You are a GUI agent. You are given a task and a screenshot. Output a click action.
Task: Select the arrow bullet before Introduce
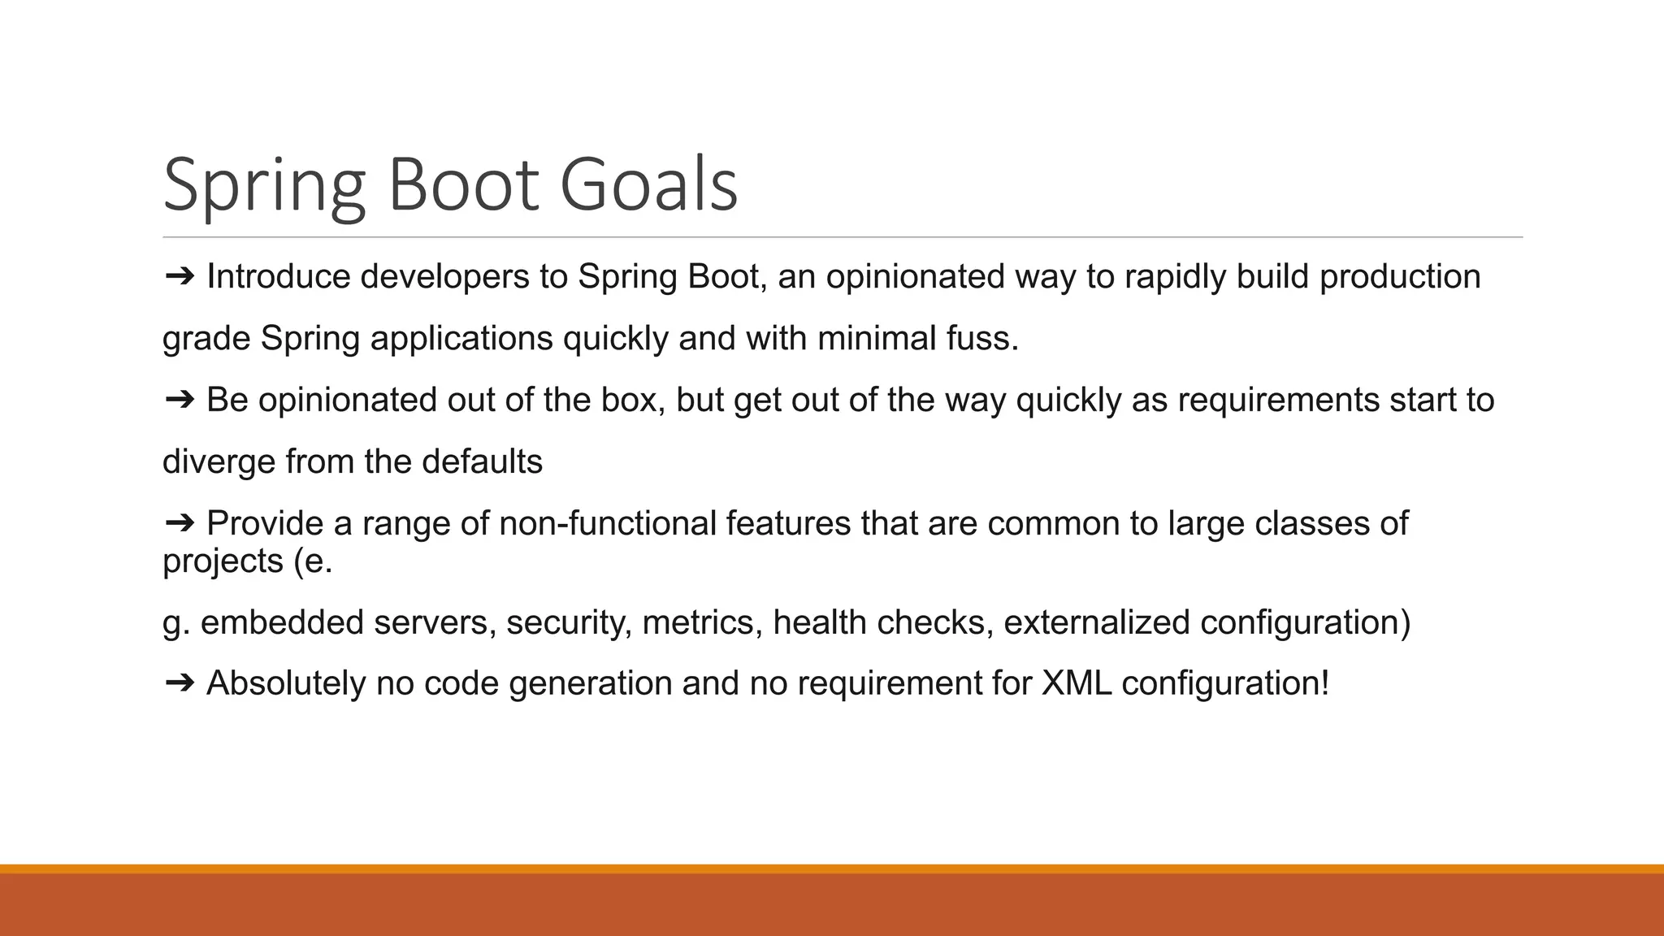point(180,277)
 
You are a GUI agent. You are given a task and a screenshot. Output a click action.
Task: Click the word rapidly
point(1176,277)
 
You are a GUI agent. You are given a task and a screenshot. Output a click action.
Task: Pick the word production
point(1399,277)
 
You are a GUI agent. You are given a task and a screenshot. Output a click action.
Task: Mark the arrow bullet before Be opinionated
point(180,401)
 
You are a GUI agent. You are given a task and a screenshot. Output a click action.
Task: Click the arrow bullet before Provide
point(180,523)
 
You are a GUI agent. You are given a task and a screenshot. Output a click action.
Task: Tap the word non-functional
point(608,523)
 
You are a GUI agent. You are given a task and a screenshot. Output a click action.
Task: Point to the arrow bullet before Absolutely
point(180,683)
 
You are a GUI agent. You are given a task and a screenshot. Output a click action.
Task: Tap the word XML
point(1076,683)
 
